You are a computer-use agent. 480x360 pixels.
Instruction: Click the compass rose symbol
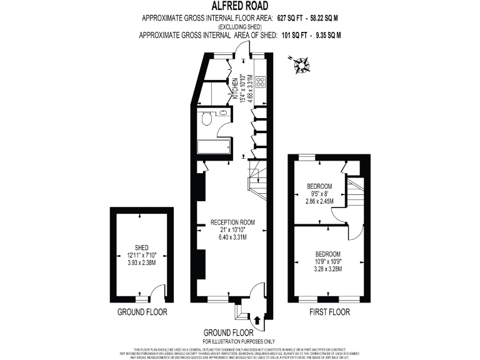303,63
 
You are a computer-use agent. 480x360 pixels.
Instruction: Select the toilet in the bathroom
207,120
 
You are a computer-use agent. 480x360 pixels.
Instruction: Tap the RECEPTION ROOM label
232,222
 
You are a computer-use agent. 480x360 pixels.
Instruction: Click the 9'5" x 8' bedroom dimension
319,194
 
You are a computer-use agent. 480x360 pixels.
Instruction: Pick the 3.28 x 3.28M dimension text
327,269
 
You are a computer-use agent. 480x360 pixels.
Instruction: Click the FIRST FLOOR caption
329,312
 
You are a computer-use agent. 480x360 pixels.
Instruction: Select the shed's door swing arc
154,292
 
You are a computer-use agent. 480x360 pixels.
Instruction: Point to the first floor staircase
355,194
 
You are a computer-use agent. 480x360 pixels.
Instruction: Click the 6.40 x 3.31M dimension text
232,237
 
